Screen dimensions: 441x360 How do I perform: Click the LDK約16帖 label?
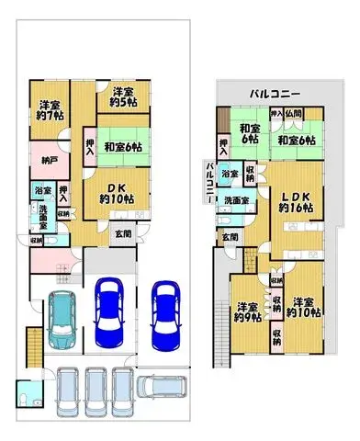click(296, 202)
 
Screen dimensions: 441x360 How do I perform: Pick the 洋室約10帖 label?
click(302, 306)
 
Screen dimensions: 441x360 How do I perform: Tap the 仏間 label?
click(294, 113)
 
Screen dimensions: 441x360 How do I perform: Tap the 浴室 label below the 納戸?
click(43, 190)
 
